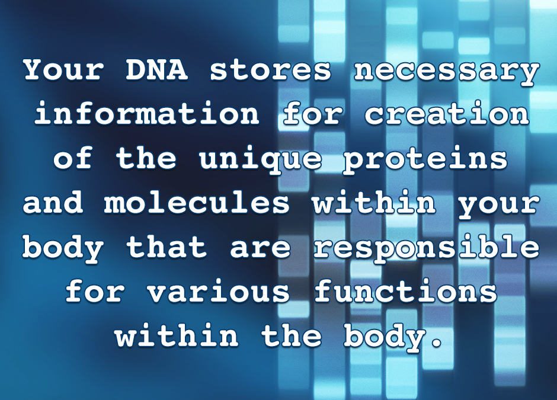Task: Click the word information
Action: [x=147, y=114]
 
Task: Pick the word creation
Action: [x=446, y=114]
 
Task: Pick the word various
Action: [x=218, y=291]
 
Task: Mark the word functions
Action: [x=405, y=291]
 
